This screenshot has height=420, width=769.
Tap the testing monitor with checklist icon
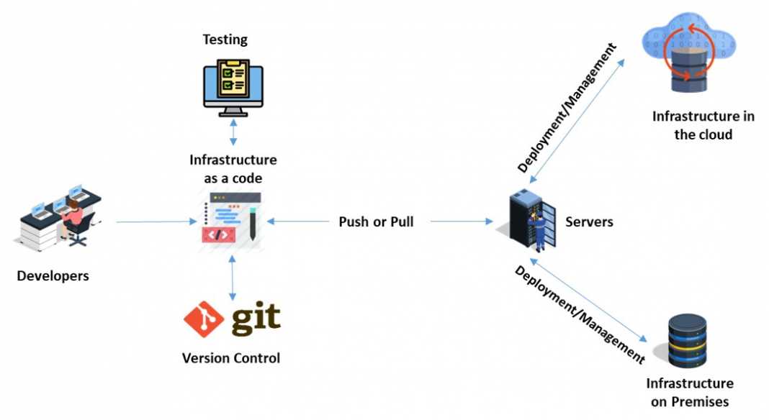pyautogui.click(x=233, y=87)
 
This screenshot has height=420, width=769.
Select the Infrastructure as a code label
pyautogui.click(x=233, y=168)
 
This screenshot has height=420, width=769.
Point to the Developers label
pyautogui.click(x=53, y=275)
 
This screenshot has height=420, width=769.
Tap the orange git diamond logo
pyautogui.click(x=204, y=319)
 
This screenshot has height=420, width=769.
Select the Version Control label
pyautogui.click(x=231, y=357)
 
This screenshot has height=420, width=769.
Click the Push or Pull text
pyautogui.click(x=376, y=222)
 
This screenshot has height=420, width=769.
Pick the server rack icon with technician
pyautogui.click(x=533, y=219)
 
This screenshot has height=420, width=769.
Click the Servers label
pyautogui.click(x=589, y=222)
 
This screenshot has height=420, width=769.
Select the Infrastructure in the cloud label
pyautogui.click(x=703, y=125)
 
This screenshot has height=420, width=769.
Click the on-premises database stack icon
pyautogui.click(x=687, y=342)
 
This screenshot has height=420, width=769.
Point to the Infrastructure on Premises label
pyautogui.click(x=690, y=392)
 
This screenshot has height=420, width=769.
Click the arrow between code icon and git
pyautogui.click(x=232, y=277)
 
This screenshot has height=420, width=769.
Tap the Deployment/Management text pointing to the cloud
pyautogui.click(x=567, y=108)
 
